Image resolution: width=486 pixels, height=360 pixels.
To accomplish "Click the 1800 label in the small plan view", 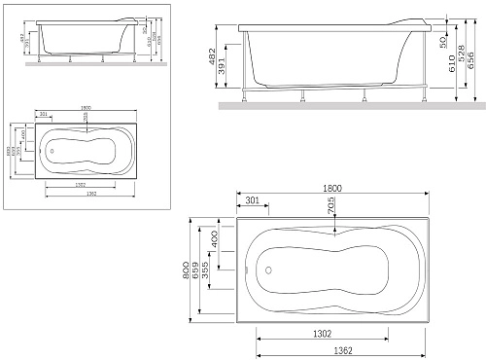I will tap(87, 108).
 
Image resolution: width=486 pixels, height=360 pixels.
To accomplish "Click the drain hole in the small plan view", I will tap(52, 151).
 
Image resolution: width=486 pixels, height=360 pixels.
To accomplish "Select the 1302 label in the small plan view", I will tap(81, 184).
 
